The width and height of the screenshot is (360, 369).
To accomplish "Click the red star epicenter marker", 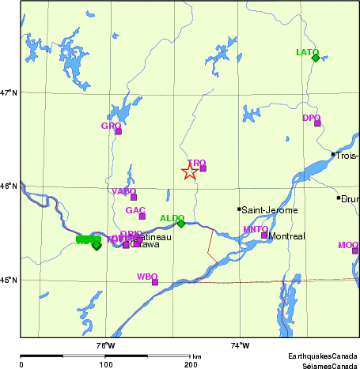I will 190,171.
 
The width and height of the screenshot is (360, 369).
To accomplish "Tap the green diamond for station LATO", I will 316,58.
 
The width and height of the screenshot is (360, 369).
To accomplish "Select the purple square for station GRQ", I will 118,131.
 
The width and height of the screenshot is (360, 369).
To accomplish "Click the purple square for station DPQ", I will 317,123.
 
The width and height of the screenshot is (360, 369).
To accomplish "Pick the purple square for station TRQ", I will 203,168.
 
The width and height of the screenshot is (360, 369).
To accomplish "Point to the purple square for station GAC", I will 142,216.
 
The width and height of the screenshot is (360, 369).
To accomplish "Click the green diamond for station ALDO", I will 181,224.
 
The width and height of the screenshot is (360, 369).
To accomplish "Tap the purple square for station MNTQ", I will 264,235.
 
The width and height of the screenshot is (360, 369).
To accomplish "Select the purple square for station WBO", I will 155,281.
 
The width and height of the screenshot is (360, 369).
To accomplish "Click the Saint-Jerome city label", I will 270,210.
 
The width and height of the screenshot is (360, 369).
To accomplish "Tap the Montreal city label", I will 286,236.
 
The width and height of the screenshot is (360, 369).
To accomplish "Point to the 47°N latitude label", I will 9,93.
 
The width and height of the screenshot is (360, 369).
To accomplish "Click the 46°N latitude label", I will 9,186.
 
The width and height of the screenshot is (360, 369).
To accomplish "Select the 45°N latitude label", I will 9,280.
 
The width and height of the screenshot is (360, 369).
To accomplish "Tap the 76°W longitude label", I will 105,345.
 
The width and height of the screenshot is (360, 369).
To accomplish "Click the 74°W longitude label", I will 240,345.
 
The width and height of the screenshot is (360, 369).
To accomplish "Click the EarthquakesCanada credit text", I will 322,357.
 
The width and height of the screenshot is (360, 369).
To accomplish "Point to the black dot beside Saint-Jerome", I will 239,209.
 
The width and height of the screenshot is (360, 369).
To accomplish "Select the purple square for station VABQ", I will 134,197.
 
